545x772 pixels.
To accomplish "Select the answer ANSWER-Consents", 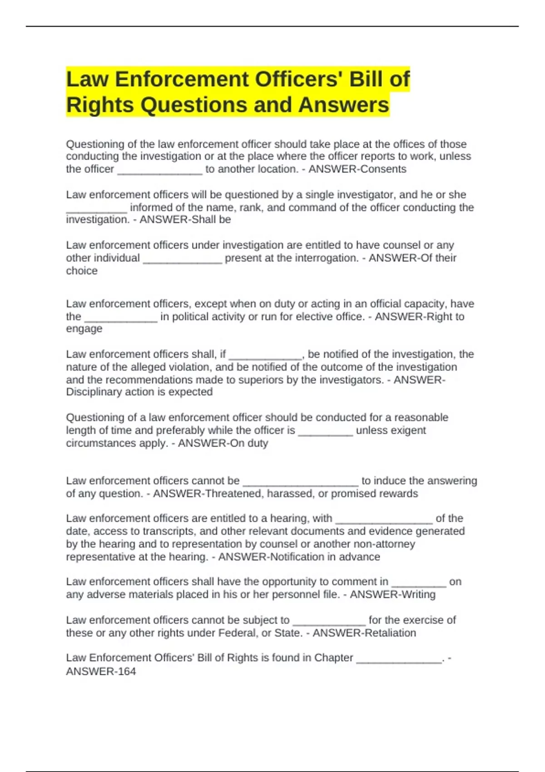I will (357, 169).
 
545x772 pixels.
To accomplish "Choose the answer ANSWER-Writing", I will (392, 594).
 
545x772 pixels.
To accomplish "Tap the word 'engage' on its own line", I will (84, 329).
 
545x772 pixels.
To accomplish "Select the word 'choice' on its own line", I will (82, 271).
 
